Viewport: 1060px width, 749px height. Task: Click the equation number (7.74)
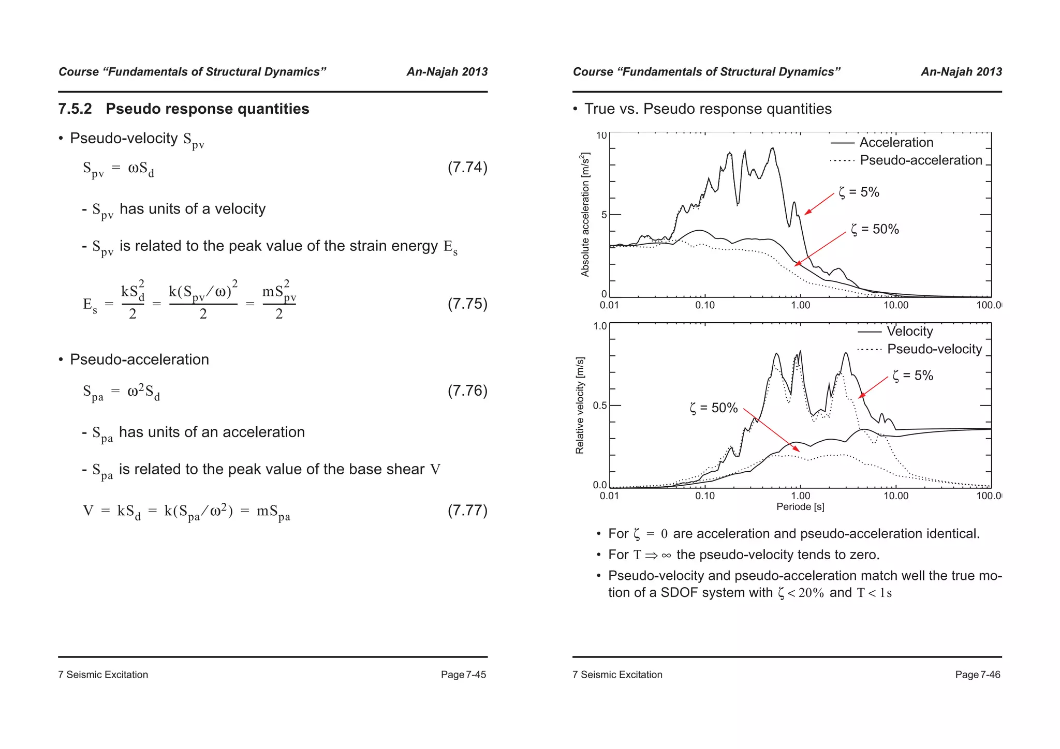pyautogui.click(x=467, y=168)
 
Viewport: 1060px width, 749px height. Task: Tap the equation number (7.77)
pyautogui.click(x=467, y=511)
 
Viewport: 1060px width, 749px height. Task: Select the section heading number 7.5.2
pyautogui.click(x=75, y=109)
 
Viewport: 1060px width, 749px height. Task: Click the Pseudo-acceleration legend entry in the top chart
pyautogui.click(x=920, y=160)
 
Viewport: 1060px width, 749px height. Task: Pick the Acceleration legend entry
pyautogui.click(x=896, y=143)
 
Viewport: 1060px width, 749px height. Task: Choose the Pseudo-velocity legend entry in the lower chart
pyautogui.click(x=934, y=349)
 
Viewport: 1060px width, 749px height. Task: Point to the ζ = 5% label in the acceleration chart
pyautogui.click(x=859, y=192)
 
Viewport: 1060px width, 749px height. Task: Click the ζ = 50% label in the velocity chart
pyautogui.click(x=714, y=408)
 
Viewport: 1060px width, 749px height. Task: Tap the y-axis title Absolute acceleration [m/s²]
pyautogui.click(x=585, y=215)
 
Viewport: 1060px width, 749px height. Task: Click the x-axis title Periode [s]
pyautogui.click(x=800, y=507)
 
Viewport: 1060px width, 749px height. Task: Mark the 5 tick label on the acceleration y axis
pyautogui.click(x=603, y=215)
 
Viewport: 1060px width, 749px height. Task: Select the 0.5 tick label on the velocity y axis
pyautogui.click(x=600, y=406)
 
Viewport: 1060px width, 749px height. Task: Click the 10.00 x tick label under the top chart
pyautogui.click(x=895, y=305)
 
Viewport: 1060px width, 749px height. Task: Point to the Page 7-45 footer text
pyautogui.click(x=463, y=675)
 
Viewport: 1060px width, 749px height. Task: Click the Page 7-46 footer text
pyautogui.click(x=978, y=675)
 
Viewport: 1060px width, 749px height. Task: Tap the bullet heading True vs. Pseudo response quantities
pyautogui.click(x=708, y=109)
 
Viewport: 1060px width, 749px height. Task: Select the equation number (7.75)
pyautogui.click(x=467, y=304)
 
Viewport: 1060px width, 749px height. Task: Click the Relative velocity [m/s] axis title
pyautogui.click(x=580, y=406)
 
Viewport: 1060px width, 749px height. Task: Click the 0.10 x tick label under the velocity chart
pyautogui.click(x=704, y=496)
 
